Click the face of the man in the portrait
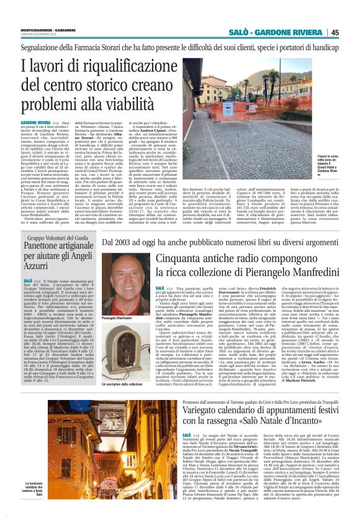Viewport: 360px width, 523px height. tap(123, 276)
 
